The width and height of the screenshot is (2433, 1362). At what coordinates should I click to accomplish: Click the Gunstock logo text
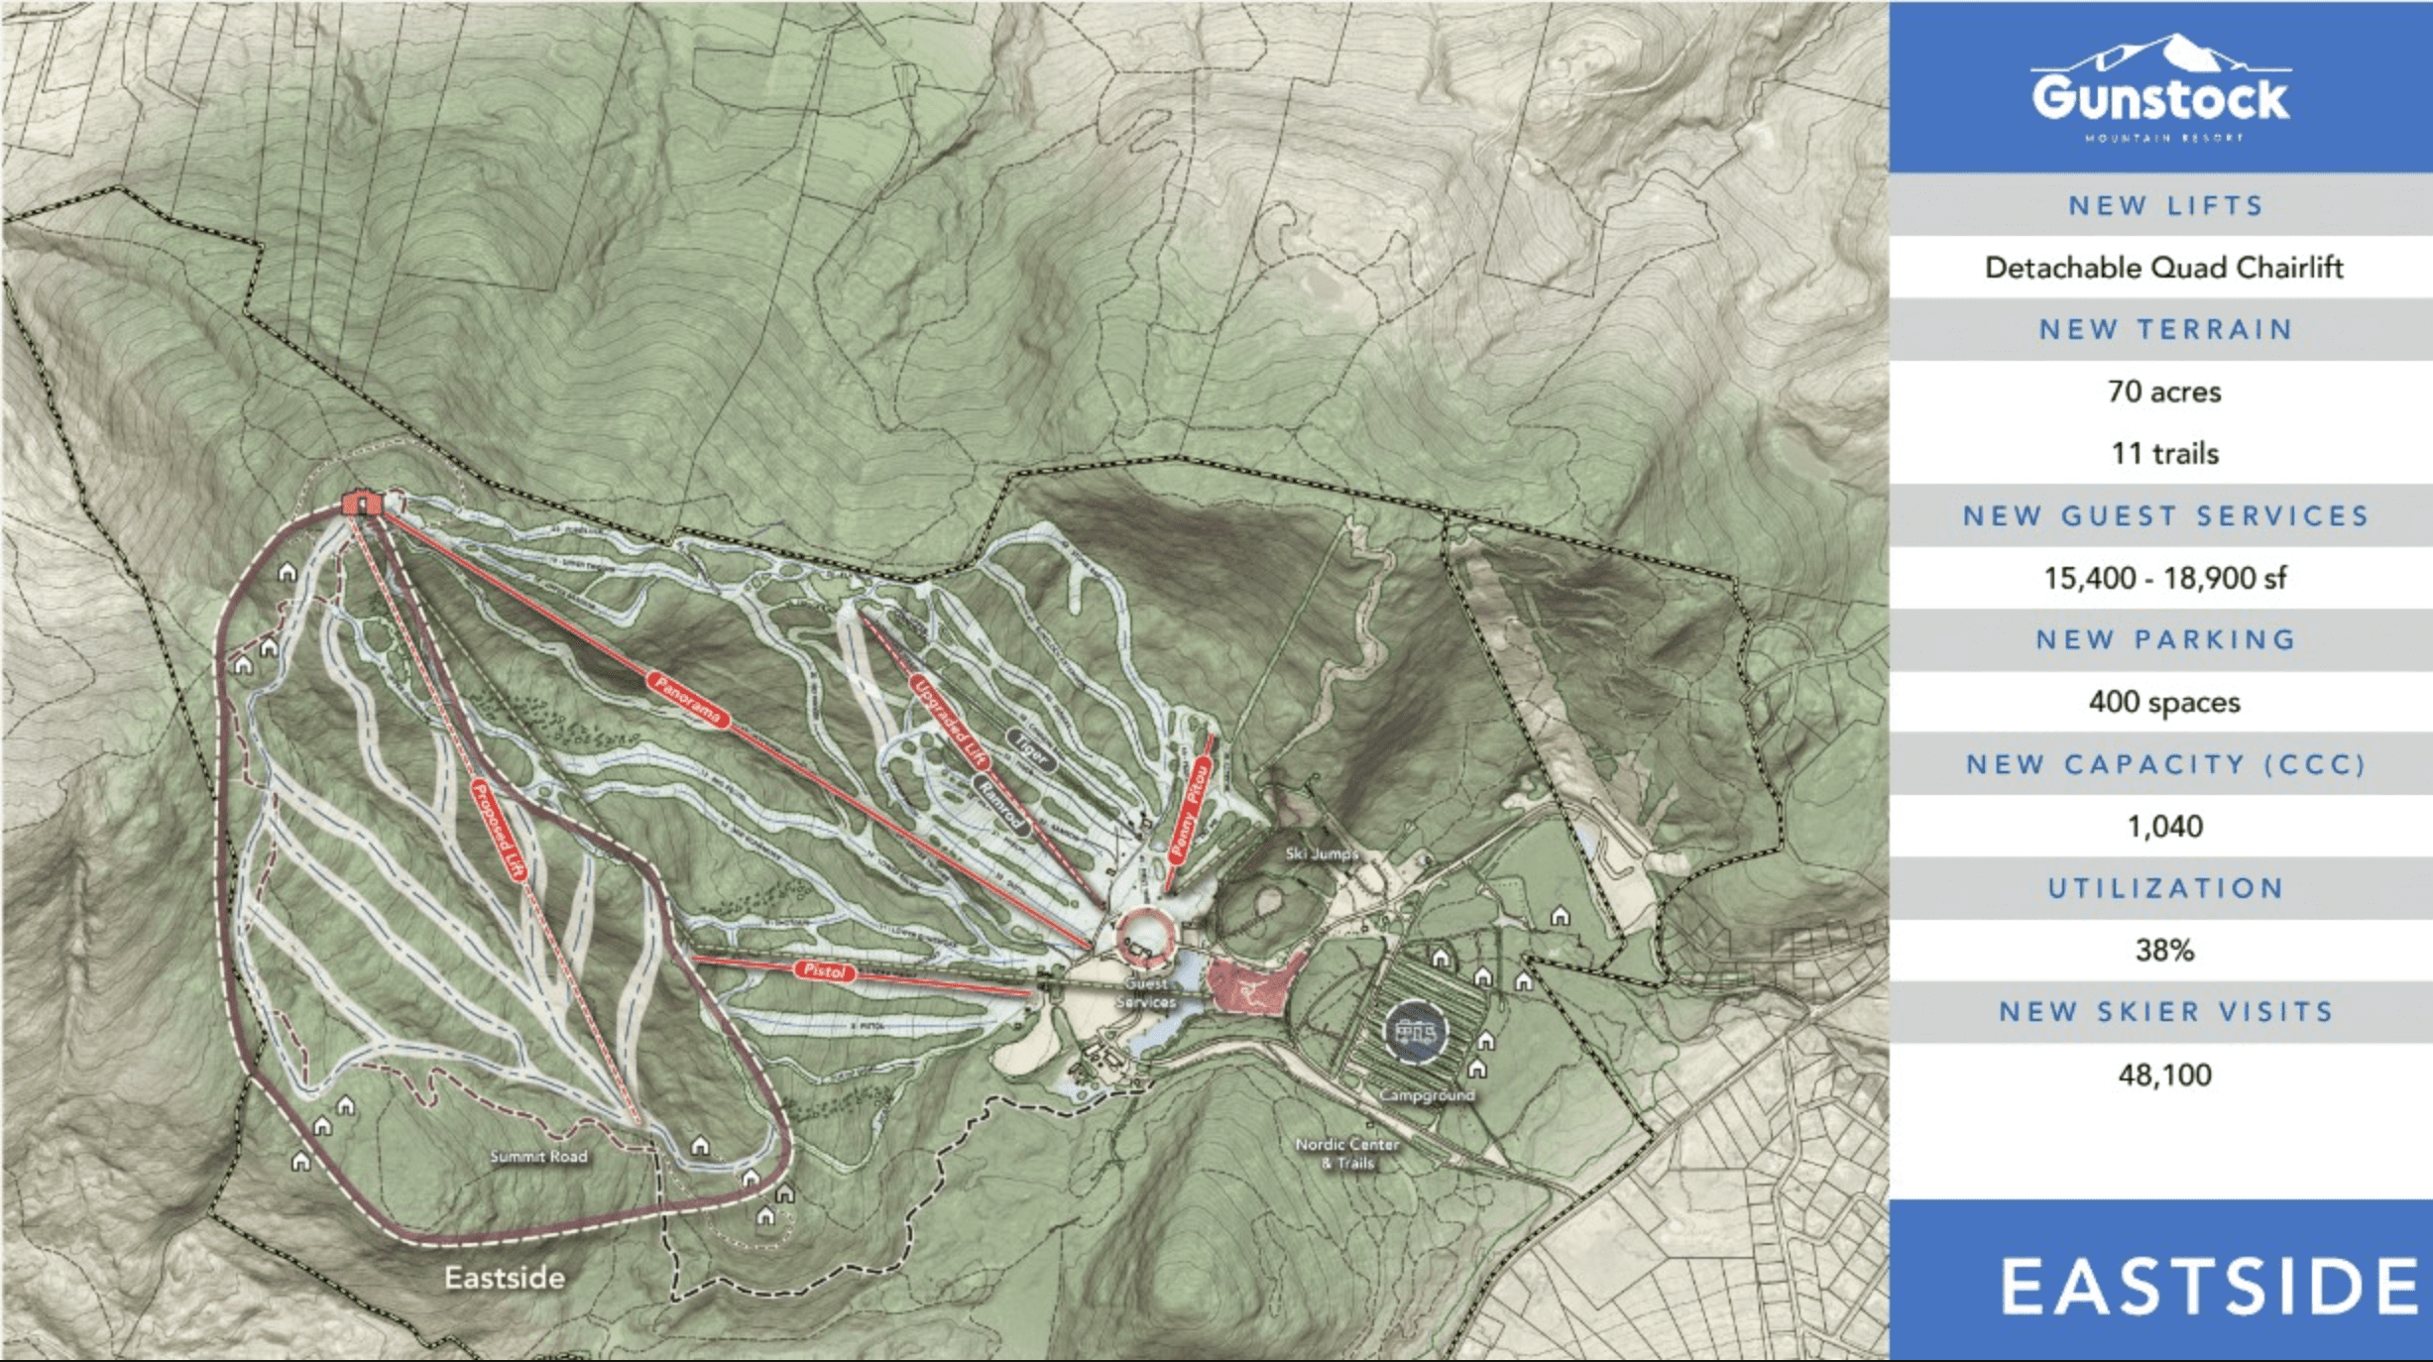pyautogui.click(x=2161, y=98)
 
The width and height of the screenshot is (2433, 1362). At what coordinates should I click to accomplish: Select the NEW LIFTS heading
pyautogui.click(x=2165, y=206)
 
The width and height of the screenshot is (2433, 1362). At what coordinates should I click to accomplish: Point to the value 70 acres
pyautogui.click(x=2164, y=392)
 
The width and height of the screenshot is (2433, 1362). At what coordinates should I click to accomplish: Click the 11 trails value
pyautogui.click(x=2164, y=454)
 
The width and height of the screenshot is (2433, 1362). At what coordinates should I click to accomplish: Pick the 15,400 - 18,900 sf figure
pyautogui.click(x=2164, y=578)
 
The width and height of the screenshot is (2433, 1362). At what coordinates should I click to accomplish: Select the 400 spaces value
pyautogui.click(x=2164, y=703)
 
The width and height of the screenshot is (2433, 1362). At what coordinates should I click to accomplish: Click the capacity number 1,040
pyautogui.click(x=2164, y=827)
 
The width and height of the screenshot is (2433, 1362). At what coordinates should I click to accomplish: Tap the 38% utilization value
pyautogui.click(x=2164, y=951)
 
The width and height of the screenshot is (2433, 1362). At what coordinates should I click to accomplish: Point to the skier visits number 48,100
pyautogui.click(x=2164, y=1076)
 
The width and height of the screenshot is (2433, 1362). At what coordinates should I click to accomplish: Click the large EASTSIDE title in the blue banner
pyautogui.click(x=2209, y=1288)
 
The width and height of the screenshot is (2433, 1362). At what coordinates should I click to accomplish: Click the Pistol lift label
pyautogui.click(x=824, y=970)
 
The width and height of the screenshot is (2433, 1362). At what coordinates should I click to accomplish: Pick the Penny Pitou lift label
pyautogui.click(x=1189, y=808)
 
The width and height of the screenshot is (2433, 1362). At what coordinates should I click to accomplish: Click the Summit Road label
pyautogui.click(x=538, y=1157)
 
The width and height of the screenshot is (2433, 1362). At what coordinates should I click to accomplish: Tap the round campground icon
pyautogui.click(x=1415, y=1032)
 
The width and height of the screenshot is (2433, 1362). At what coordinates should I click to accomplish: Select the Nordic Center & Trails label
pyautogui.click(x=1347, y=1153)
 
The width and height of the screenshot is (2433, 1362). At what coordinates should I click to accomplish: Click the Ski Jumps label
pyautogui.click(x=1321, y=853)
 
